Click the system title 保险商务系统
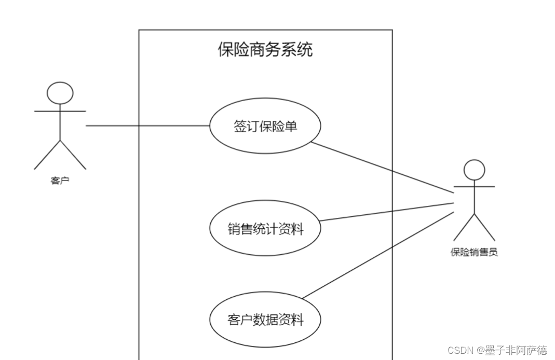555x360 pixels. (265, 50)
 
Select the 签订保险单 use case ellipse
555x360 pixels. (265, 126)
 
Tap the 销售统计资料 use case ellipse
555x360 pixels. (265, 228)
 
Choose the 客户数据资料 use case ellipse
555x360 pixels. (265, 320)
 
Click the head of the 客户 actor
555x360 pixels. (60, 93)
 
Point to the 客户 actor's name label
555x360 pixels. (60, 181)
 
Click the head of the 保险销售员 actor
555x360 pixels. (474, 170)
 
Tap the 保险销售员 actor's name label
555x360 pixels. (474, 253)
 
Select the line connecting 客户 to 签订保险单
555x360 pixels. (148, 126)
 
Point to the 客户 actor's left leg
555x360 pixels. (47, 155)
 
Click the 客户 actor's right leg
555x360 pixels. (73, 155)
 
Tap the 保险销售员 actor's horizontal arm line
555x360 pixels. (474, 186)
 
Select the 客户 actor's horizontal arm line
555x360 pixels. (60, 111)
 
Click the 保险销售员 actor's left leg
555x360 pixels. (464, 227)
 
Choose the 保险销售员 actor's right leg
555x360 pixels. (484, 227)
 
